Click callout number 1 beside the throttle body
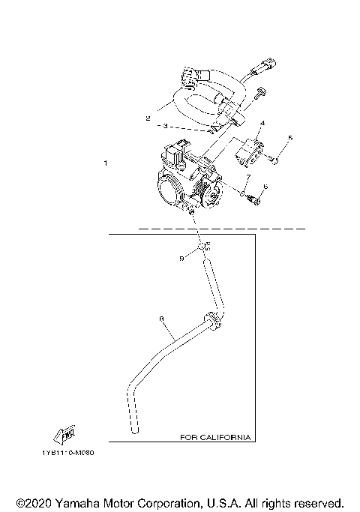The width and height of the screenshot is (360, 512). tap(106, 163)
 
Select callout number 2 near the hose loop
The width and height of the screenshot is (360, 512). tap(148, 118)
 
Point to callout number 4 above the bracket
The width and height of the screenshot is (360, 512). tap(262, 122)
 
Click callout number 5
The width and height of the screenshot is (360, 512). tap(291, 138)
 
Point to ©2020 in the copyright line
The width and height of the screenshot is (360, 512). tap(31, 502)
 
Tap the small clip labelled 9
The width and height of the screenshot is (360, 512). tap(203, 247)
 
